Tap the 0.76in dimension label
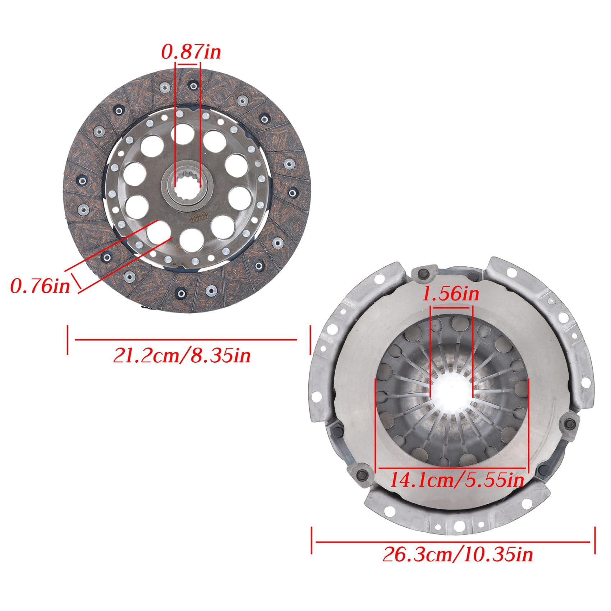[40, 286]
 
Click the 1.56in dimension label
[451, 294]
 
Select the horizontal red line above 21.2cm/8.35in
[185, 339]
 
